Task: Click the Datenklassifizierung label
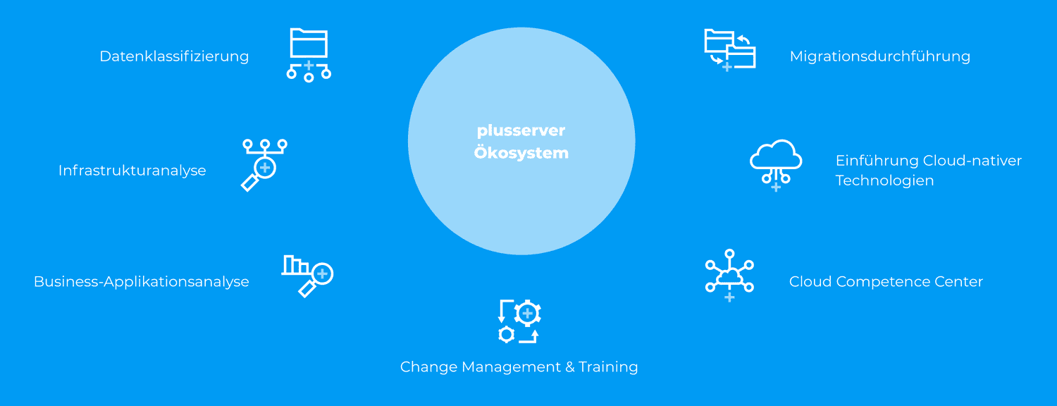pyautogui.click(x=174, y=56)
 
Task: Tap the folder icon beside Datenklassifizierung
pyautogui.click(x=309, y=43)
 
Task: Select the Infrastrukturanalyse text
pyautogui.click(x=132, y=171)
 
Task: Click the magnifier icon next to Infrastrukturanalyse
pyautogui.click(x=264, y=165)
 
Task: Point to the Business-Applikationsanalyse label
pyautogui.click(x=141, y=282)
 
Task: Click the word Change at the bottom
pyautogui.click(x=429, y=367)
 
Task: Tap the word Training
pyautogui.click(x=608, y=367)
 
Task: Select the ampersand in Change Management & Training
pyautogui.click(x=570, y=367)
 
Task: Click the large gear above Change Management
pyautogui.click(x=527, y=313)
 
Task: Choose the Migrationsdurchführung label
pyautogui.click(x=880, y=56)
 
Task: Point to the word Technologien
pyautogui.click(x=885, y=180)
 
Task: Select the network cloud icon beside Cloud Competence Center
pyautogui.click(x=729, y=275)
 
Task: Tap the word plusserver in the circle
pyautogui.click(x=521, y=131)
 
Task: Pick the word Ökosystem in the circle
pyautogui.click(x=521, y=152)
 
